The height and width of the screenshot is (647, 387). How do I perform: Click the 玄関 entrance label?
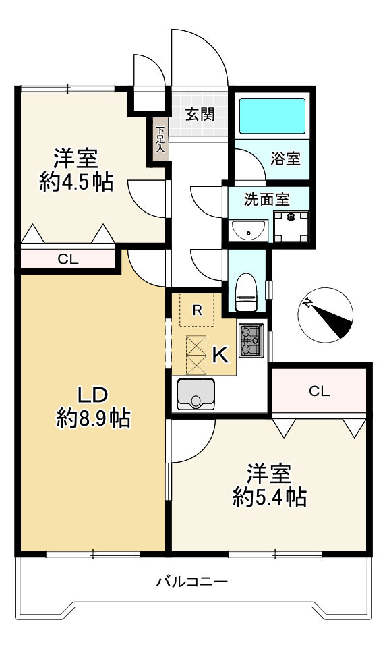(200, 114)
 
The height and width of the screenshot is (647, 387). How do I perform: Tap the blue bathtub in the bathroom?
(272, 116)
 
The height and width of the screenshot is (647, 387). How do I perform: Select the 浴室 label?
(285, 159)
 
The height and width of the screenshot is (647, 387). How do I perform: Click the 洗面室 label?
(267, 199)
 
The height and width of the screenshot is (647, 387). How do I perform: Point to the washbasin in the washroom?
(249, 230)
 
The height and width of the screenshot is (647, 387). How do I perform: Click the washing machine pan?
(291, 227)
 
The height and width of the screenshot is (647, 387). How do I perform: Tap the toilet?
(247, 291)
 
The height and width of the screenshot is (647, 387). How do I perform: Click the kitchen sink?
(196, 394)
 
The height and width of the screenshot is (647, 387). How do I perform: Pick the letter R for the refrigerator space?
(198, 310)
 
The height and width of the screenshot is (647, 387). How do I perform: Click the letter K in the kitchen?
(220, 354)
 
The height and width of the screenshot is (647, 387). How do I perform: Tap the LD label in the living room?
(93, 395)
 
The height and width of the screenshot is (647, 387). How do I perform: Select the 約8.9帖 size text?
(94, 418)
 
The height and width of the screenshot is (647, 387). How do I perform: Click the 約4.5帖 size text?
(77, 182)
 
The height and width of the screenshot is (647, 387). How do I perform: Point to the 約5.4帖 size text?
(270, 497)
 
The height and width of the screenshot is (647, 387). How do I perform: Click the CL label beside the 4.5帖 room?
(68, 259)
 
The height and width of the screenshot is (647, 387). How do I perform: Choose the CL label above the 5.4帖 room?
(320, 391)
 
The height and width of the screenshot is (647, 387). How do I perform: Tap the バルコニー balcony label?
(192, 582)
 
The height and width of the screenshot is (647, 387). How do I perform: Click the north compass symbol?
(326, 315)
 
